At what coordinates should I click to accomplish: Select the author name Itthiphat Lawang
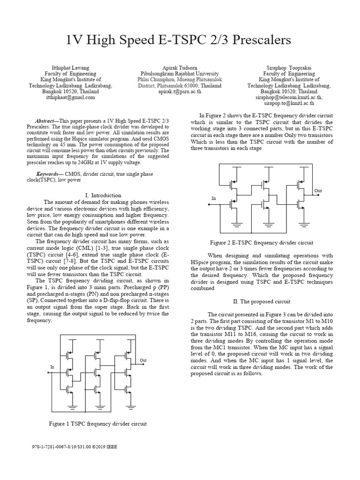tap(70, 67)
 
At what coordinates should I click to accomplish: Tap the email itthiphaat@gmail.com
tap(71, 97)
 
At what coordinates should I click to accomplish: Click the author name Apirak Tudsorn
tap(180, 67)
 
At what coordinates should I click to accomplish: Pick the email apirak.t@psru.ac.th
tap(180, 92)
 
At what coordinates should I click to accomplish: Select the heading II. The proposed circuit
tap(262, 301)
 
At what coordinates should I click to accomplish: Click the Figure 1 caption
tap(98, 424)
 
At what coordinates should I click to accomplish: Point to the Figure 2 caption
tap(262, 242)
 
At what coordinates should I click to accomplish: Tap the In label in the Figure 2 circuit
tap(214, 199)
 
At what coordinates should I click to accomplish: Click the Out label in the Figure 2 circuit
tap(318, 191)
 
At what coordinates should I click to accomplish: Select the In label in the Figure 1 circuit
tap(52, 367)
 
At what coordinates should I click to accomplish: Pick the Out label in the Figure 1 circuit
tap(143, 360)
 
